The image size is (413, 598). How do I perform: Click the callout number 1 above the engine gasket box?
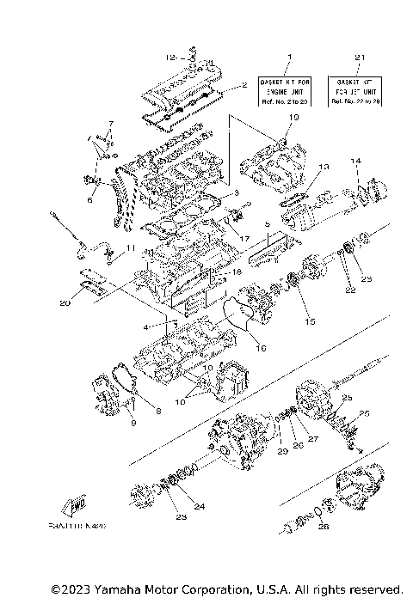pos(289,57)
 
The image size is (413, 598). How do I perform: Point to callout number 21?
pos(357,57)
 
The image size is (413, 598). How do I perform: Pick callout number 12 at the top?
pos(170,56)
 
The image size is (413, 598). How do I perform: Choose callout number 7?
pos(110,124)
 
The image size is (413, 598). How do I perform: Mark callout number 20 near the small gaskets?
pos(65,302)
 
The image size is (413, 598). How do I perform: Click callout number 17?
pos(244,238)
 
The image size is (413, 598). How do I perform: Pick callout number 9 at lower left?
pos(133,422)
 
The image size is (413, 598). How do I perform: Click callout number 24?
pos(199,507)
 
